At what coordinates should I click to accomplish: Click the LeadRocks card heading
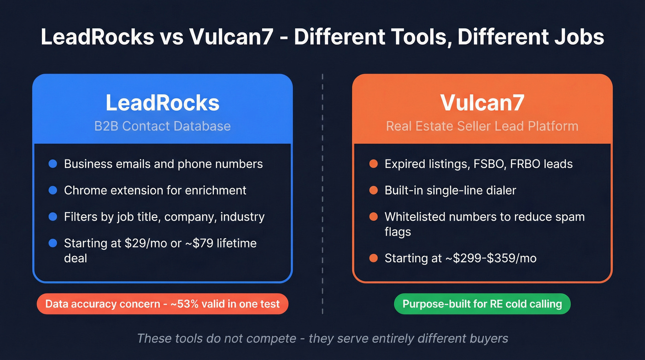(x=163, y=103)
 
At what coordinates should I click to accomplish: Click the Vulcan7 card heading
(x=482, y=103)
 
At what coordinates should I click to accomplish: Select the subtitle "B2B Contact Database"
(x=163, y=126)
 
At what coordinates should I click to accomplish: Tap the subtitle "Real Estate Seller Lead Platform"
(x=482, y=126)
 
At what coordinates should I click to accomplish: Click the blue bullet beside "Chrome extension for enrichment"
(x=53, y=190)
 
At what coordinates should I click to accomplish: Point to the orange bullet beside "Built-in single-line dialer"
(x=374, y=190)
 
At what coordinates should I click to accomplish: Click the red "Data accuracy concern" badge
(x=163, y=304)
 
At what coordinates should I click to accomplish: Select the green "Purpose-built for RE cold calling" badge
(x=482, y=304)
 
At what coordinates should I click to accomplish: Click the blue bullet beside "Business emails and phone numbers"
(x=53, y=164)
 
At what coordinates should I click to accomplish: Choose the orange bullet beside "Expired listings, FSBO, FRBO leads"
(x=374, y=164)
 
